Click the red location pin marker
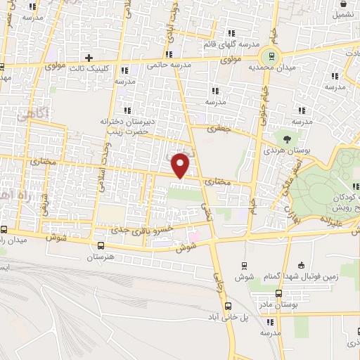[181, 165]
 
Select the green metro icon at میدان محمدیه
[268, 55]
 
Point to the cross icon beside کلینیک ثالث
[89, 57]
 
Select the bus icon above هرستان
[101, 245]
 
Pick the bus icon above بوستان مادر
[278, 292]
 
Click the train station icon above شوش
[243, 265]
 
